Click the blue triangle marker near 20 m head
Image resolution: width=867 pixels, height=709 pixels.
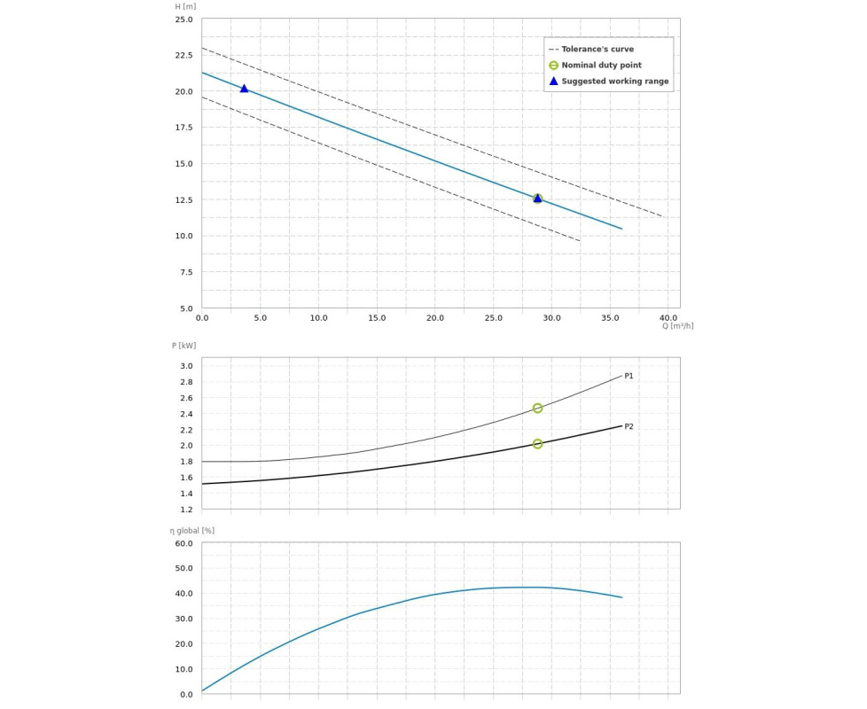pyautogui.click(x=245, y=89)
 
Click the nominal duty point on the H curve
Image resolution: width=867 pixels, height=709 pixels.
pyautogui.click(x=537, y=199)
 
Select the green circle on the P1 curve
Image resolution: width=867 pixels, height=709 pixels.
pyautogui.click(x=537, y=409)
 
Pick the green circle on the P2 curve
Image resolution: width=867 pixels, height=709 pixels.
pyautogui.click(x=537, y=444)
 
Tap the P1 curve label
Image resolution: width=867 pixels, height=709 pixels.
pyautogui.click(x=629, y=377)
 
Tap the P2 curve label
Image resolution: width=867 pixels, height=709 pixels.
pyautogui.click(x=629, y=427)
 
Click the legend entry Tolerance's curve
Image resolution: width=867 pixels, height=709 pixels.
pyautogui.click(x=597, y=50)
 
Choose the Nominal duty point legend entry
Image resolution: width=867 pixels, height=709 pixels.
pyautogui.click(x=601, y=66)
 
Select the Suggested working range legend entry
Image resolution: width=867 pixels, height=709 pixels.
pyautogui.click(x=614, y=82)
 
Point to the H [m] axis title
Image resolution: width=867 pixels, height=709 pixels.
pyautogui.click(x=185, y=7)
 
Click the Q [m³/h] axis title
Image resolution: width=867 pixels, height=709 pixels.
pyautogui.click(x=677, y=326)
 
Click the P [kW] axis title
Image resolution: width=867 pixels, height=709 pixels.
pyautogui.click(x=184, y=346)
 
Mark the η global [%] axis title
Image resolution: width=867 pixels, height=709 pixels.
pyautogui.click(x=191, y=531)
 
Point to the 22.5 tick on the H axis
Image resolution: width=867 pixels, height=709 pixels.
pyautogui.click(x=184, y=56)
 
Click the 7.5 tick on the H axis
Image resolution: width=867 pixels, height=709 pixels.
pyautogui.click(x=186, y=273)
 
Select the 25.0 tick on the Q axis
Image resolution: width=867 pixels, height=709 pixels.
pyautogui.click(x=493, y=318)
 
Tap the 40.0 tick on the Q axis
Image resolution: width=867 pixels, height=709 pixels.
pyautogui.click(x=668, y=318)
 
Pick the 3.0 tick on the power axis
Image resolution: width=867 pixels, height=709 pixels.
pyautogui.click(x=186, y=366)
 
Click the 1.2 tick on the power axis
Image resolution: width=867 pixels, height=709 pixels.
pyautogui.click(x=186, y=510)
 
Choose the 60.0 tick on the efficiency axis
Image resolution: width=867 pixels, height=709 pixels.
pyautogui.click(x=184, y=543)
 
